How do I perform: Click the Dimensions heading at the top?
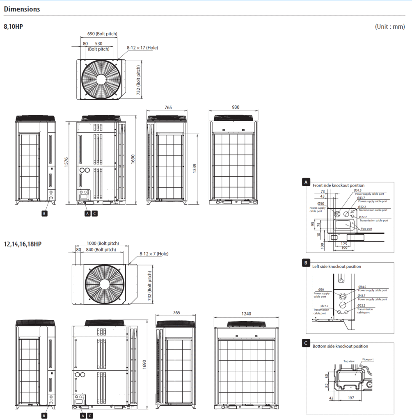[22, 9]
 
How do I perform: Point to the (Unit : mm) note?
[389, 27]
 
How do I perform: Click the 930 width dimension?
[236, 107]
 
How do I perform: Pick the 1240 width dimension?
[246, 313]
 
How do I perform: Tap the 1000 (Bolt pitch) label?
[103, 243]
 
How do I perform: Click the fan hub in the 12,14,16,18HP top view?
[104, 284]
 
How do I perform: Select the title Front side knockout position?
[338, 185]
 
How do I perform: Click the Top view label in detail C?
[349, 361]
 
